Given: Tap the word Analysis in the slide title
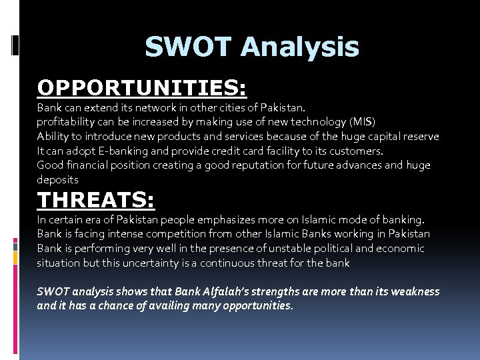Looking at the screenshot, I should [300, 47].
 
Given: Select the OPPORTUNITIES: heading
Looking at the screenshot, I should [141, 87].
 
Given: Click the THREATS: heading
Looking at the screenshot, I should [96, 200].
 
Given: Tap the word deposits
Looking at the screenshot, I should [57, 180].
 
